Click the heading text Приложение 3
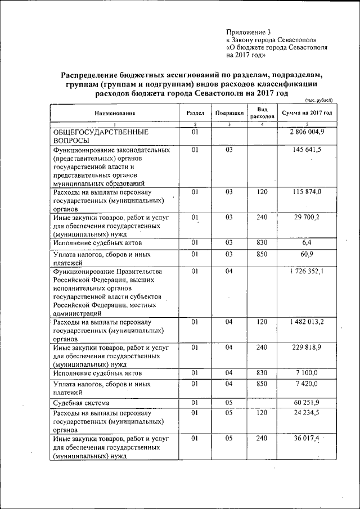tap(248, 32)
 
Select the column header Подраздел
tap(229, 113)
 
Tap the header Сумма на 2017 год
tap(307, 113)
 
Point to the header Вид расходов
tap(262, 112)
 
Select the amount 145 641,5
tap(307, 151)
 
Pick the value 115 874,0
tap(307, 192)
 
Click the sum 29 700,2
tap(307, 218)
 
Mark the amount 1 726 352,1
tap(307, 272)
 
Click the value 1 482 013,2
tap(307, 322)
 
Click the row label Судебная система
tap(81, 403)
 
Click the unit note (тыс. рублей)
tap(319, 100)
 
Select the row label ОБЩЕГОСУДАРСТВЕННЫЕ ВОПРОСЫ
tap(101, 136)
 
